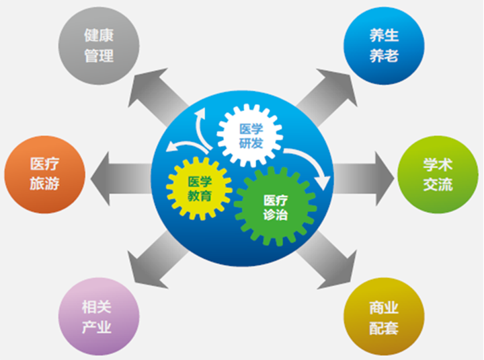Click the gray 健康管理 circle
coord(99,46)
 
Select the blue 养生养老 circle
coord(384,46)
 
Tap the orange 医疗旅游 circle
coord(45,174)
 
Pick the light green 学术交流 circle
coord(438,174)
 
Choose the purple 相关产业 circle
coord(99,316)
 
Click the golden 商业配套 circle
coord(384,316)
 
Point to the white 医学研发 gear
coord(249,135)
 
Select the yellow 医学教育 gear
coord(199,188)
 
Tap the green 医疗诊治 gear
coord(276,207)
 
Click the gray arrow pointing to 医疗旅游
coord(121,178)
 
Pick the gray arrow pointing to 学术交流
coord(364,178)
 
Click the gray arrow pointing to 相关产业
coord(157,260)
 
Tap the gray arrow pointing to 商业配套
coord(327,260)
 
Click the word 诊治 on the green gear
coord(276,215)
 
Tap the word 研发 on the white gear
coord(251,143)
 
